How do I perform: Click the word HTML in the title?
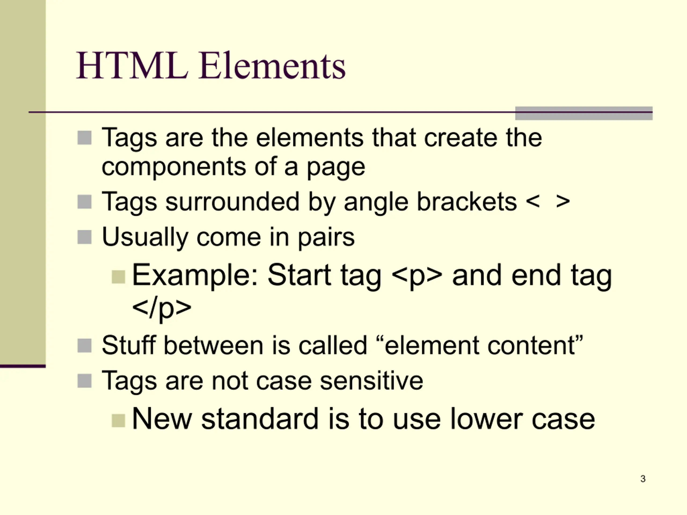tap(132, 65)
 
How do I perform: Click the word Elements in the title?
tap(272, 65)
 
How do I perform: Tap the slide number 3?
tap(643, 479)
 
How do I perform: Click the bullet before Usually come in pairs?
tap(85, 237)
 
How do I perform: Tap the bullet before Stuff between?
tap(85, 345)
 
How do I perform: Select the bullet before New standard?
tap(118, 421)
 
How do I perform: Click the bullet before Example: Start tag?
tap(118, 277)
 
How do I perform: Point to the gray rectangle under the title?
tap(584, 113)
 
